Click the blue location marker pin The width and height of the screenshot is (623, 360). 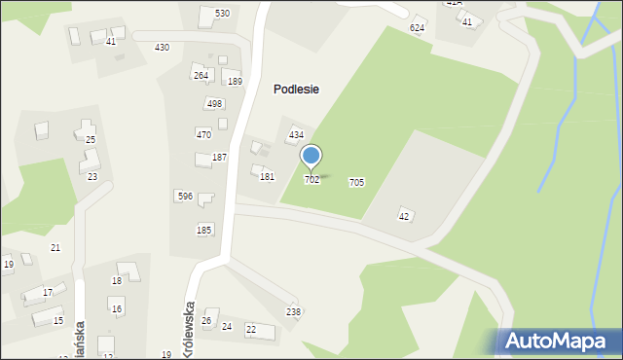click(311, 156)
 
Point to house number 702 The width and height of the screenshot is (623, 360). click(311, 180)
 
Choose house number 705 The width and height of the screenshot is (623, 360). click(356, 183)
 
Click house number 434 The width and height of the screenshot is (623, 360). click(296, 134)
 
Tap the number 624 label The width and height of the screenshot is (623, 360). click(417, 28)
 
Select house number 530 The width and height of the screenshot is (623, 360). click(222, 13)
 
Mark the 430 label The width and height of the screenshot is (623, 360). click(162, 48)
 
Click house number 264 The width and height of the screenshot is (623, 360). click(201, 76)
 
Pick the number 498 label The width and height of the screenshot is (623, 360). click(214, 104)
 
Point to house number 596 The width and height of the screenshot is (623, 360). click(184, 197)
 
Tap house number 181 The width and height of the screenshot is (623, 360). click(267, 177)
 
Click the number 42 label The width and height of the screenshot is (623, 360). click(404, 216)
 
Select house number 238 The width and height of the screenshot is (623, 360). click(293, 311)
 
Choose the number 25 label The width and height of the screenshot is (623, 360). click(91, 140)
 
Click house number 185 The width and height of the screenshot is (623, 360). click(203, 230)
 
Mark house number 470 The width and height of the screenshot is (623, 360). click(203, 134)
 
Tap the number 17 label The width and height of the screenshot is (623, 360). click(48, 293)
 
